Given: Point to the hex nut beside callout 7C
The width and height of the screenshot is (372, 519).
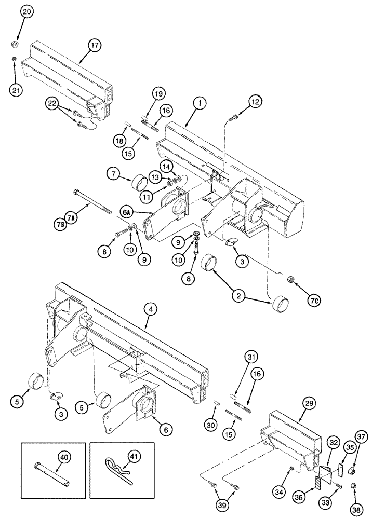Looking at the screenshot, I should coord(292,280).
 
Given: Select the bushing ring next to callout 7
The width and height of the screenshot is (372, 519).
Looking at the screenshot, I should coord(138,183).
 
